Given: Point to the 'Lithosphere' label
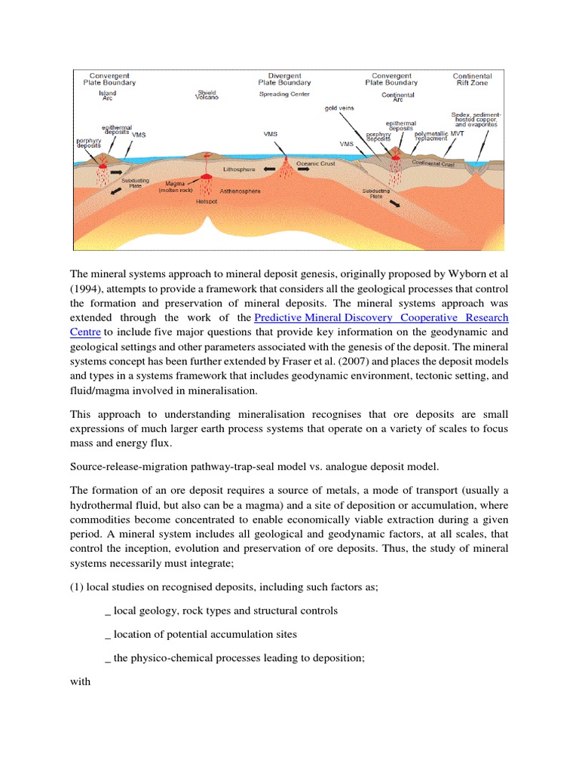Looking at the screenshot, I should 240,170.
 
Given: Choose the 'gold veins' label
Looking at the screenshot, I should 339,108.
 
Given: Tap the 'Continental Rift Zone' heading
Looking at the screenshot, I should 472,80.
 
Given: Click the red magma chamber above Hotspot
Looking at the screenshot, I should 204,176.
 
